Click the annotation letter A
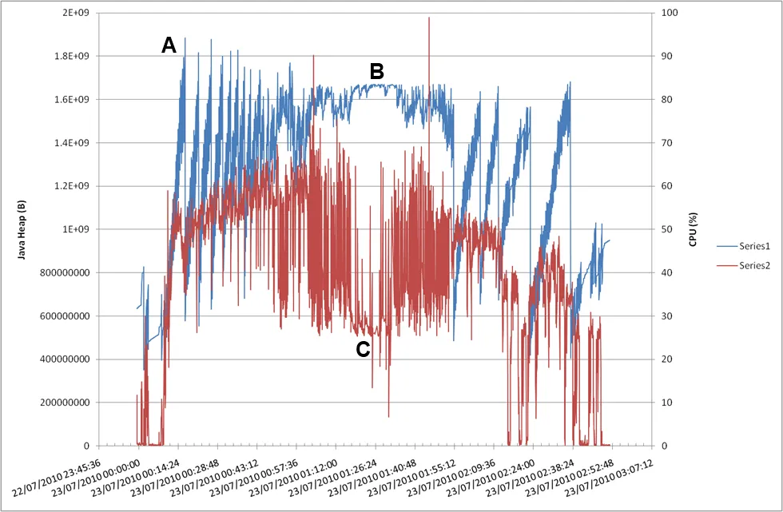[169, 46]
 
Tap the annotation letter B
[376, 71]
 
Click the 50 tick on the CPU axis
[664, 229]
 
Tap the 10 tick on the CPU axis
[664, 403]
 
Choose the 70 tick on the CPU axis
[664, 143]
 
